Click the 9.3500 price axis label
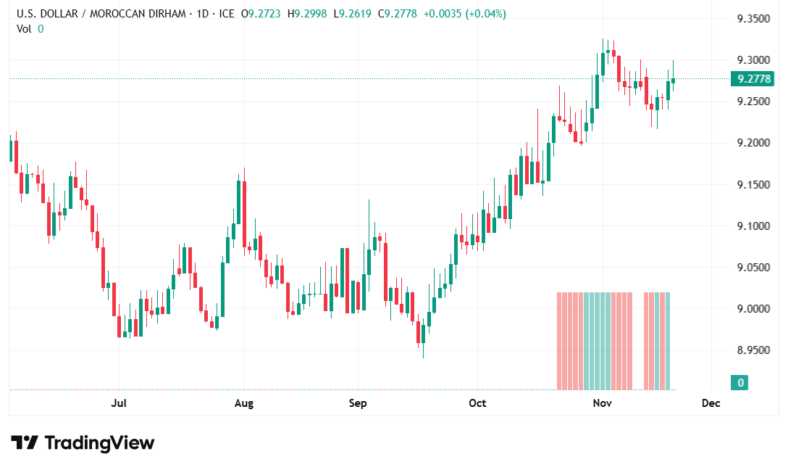pyautogui.click(x=753, y=18)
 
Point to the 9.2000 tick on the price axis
pyautogui.click(x=753, y=143)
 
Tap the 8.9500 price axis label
pyautogui.click(x=753, y=350)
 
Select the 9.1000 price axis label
pyautogui.click(x=753, y=226)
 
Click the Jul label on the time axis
pyautogui.click(x=120, y=403)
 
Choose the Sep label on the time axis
pyautogui.click(x=358, y=403)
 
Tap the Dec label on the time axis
pyautogui.click(x=711, y=403)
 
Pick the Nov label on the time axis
pyautogui.click(x=603, y=403)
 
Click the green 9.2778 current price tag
pyautogui.click(x=753, y=78)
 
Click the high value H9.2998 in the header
pyautogui.click(x=306, y=14)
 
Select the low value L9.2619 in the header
pyautogui.click(x=352, y=14)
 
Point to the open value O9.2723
pyautogui.click(x=261, y=14)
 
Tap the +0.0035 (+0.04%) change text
pyautogui.click(x=464, y=14)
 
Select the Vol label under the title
pyautogui.click(x=24, y=28)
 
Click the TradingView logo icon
pyautogui.click(x=24, y=442)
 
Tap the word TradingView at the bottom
pyautogui.click(x=99, y=442)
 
